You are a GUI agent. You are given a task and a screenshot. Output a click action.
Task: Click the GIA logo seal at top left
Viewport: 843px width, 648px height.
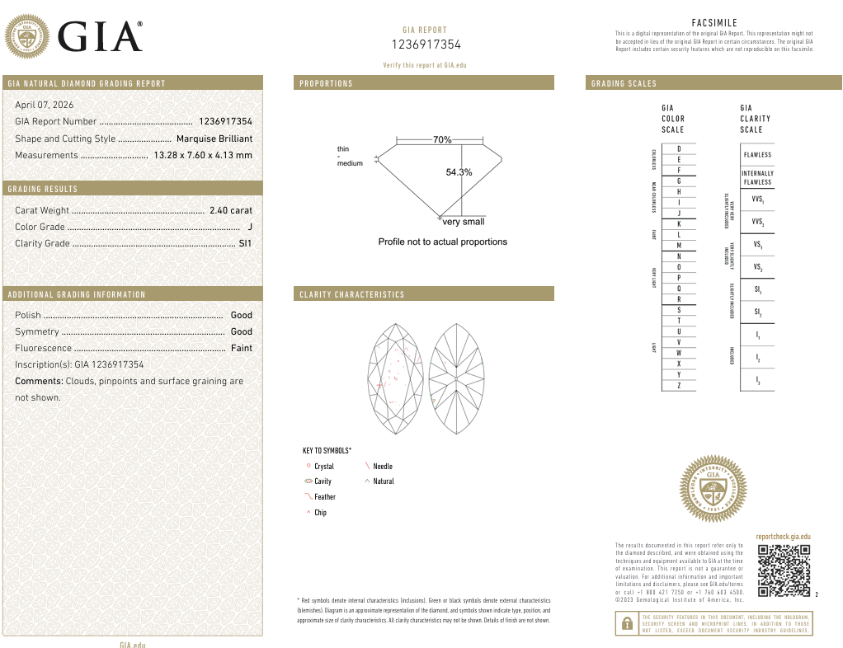tap(27, 38)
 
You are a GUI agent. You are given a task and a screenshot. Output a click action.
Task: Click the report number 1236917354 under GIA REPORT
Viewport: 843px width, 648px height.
tap(425, 45)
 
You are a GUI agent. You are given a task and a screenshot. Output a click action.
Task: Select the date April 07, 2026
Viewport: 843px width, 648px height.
tap(44, 105)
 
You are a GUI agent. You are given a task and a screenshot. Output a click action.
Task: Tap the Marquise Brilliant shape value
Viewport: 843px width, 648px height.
tap(214, 139)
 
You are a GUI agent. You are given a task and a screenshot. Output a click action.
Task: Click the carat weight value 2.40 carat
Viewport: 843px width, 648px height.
tap(231, 210)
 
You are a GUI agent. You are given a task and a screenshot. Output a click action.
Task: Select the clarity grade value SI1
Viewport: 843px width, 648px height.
tap(245, 243)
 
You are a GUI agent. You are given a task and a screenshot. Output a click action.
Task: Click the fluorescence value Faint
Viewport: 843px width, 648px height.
tap(241, 348)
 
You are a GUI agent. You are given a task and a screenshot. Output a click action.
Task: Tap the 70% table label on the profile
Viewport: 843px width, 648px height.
tap(442, 140)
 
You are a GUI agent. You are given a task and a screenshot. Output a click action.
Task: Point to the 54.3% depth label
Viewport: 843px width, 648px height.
tap(459, 172)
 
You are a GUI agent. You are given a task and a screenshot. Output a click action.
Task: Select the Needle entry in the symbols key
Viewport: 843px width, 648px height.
tap(383, 467)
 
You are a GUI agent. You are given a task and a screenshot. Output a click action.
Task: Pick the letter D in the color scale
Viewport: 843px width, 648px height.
tap(678, 148)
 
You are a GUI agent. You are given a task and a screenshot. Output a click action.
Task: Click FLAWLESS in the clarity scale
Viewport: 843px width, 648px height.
tap(757, 155)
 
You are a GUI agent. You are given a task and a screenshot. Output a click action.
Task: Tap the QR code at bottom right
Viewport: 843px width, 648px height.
tap(784, 571)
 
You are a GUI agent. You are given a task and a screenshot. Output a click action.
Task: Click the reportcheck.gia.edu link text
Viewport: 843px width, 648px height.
tap(783, 537)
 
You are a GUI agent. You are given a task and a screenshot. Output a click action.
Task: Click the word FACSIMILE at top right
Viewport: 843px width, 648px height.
tap(714, 23)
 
